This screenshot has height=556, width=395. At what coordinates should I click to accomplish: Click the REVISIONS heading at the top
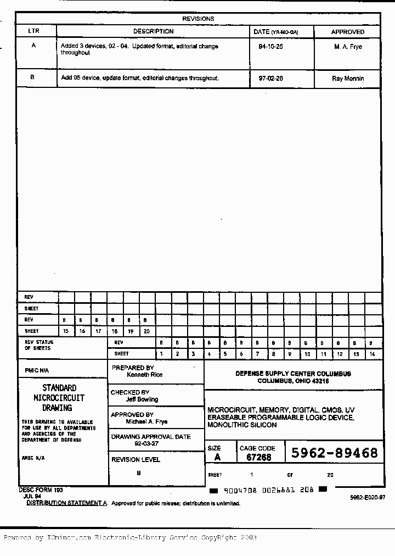198,19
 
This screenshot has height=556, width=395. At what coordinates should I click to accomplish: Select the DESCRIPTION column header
153,31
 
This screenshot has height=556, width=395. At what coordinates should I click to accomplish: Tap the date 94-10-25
270,47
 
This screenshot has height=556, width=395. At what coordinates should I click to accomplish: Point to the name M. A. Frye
348,47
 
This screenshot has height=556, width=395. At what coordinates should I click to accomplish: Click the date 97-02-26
270,78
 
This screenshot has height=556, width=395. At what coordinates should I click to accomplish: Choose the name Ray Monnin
348,79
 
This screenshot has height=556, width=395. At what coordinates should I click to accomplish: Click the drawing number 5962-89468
334,453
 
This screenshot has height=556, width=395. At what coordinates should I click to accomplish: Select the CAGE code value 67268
258,457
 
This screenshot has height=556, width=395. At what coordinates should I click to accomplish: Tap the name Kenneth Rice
144,375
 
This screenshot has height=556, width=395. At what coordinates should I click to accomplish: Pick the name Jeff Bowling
142,399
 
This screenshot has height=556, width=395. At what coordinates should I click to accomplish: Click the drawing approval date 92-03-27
146,443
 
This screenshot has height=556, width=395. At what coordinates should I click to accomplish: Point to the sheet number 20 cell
146,331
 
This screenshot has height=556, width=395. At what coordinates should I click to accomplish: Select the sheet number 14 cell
372,354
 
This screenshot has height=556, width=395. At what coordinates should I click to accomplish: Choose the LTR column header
33,31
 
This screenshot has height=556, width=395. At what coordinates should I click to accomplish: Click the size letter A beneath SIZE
217,457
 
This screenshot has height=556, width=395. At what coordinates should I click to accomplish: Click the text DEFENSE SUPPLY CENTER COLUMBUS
293,374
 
